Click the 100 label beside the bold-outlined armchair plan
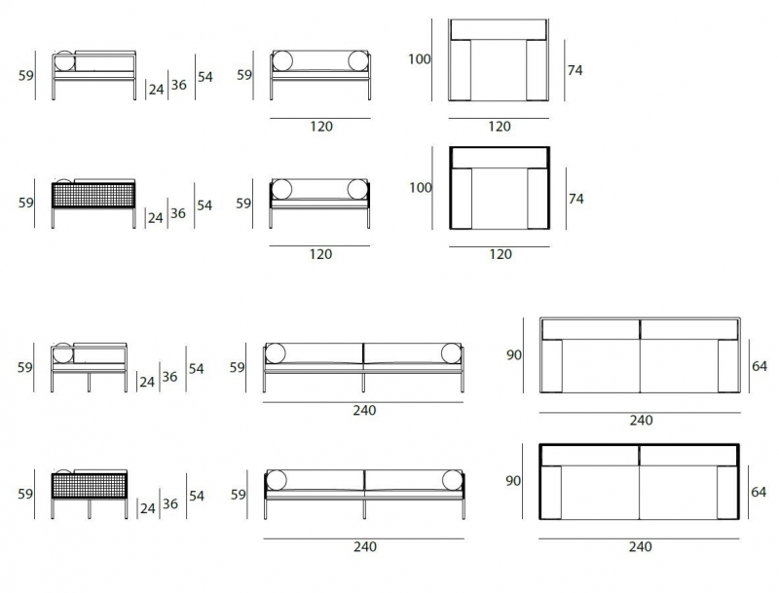[421, 188]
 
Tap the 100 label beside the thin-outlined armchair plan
[420, 59]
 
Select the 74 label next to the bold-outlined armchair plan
[575, 199]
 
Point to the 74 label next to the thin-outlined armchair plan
[575, 70]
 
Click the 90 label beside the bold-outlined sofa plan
[513, 481]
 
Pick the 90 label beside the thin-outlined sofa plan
[514, 355]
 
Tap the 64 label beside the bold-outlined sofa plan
[759, 492]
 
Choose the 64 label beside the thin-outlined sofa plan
[760, 366]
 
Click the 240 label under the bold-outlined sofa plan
[640, 547]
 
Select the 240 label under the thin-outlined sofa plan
[641, 421]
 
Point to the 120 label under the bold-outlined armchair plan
[501, 254]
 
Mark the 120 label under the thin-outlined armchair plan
[500, 127]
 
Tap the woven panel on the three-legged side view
[90, 486]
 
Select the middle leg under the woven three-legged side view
[90, 509]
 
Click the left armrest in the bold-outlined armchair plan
[462, 199]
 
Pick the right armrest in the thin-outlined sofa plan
[728, 365]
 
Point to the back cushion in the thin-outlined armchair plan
[499, 30]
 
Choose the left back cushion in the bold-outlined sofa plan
[590, 456]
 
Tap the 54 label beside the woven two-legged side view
[204, 205]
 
